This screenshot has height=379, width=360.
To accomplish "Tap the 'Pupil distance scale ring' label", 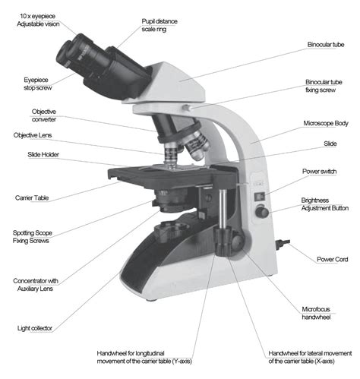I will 159,26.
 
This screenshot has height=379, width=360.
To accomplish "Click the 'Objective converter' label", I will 43,115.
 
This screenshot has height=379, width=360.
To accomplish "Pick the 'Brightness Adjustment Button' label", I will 324,203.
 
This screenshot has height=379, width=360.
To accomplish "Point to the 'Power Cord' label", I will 332,259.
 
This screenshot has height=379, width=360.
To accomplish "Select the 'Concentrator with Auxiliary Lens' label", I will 36,286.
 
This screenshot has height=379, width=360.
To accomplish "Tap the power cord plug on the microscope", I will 283,245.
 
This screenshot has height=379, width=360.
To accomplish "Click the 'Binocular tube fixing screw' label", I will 327,85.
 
